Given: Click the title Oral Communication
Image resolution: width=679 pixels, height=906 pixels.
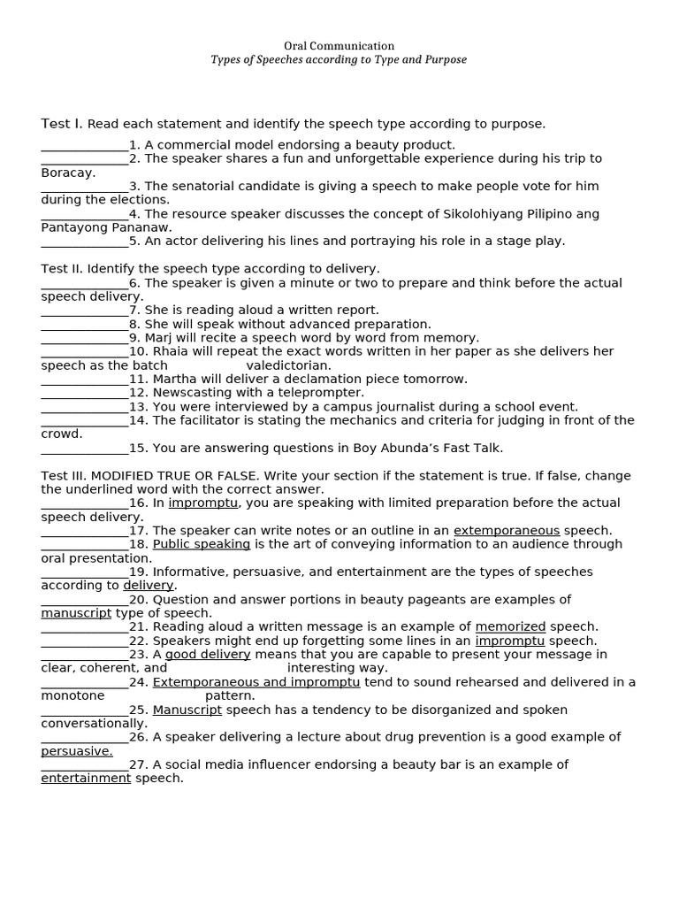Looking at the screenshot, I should click(x=339, y=46).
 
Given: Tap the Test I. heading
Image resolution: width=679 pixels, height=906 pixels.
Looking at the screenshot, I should click(x=62, y=124).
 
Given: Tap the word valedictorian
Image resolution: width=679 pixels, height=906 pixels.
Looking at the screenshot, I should click(x=288, y=365).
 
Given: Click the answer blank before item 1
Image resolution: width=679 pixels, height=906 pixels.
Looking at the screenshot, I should click(x=85, y=146).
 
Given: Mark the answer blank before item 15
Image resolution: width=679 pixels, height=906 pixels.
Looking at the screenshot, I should click(x=85, y=449).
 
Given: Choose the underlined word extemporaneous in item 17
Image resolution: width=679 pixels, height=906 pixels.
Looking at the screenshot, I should click(x=507, y=531).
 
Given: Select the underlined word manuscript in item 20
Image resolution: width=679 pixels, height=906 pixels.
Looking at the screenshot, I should click(x=76, y=613).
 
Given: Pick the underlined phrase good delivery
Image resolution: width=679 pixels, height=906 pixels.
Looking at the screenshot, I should click(x=208, y=655).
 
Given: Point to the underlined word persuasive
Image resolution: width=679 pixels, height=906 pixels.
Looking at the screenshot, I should click(x=77, y=751).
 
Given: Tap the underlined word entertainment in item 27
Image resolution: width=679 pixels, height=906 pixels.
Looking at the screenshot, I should click(x=86, y=779).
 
